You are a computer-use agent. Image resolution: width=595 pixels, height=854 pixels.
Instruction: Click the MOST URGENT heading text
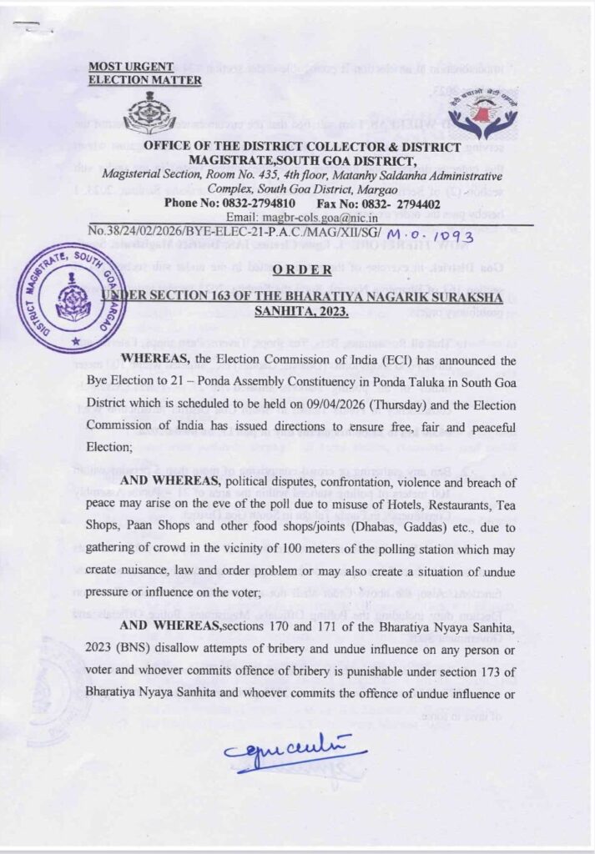[x=131, y=66]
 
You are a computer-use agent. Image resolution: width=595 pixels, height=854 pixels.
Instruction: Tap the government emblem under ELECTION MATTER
[x=149, y=113]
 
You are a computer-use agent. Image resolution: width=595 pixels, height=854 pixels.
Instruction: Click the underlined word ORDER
[x=305, y=269]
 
